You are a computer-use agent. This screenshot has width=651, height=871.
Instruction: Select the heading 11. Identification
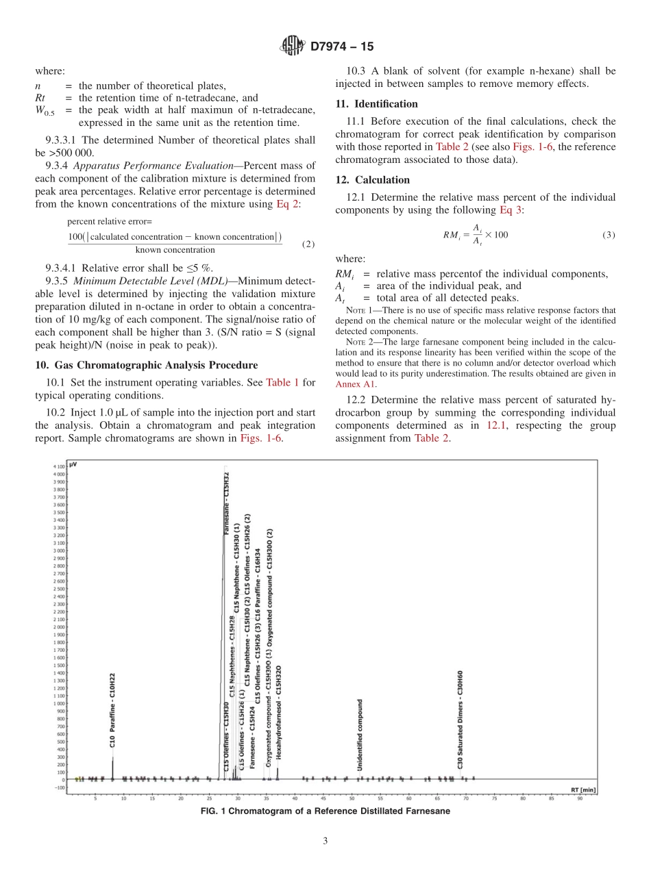click(x=376, y=104)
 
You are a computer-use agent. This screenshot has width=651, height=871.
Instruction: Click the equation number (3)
click(x=608, y=235)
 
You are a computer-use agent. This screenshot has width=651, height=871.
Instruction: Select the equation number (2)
click(x=308, y=244)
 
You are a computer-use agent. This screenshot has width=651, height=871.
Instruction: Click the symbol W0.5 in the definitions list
click(x=45, y=111)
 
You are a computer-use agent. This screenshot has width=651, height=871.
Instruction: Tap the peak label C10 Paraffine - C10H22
click(x=113, y=711)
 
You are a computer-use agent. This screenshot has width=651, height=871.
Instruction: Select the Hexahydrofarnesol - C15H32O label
click(x=278, y=713)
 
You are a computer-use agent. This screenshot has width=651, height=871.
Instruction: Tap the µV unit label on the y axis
click(x=73, y=464)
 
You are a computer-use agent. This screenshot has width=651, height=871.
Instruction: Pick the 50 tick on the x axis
click(x=352, y=798)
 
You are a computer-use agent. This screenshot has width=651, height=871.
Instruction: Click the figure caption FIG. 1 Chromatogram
click(x=325, y=811)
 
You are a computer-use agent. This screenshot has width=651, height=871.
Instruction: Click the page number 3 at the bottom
click(x=325, y=842)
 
